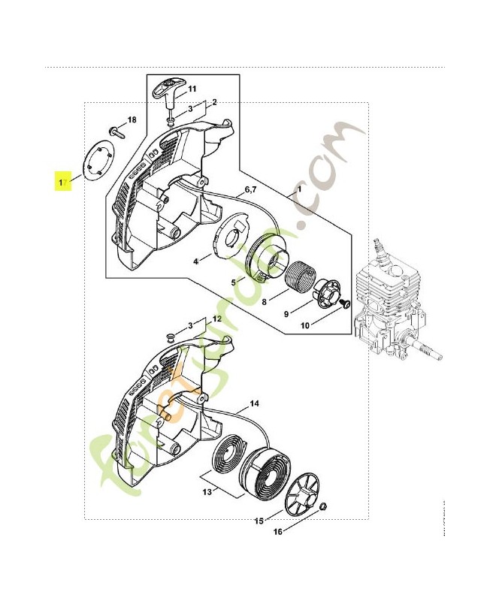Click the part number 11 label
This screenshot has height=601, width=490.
(192, 89)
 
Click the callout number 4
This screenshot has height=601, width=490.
(196, 261)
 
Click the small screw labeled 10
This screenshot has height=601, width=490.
(346, 302)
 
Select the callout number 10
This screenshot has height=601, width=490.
(305, 325)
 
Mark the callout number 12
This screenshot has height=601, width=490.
(216, 320)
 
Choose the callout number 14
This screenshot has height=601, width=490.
(255, 405)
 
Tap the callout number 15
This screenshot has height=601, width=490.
(258, 521)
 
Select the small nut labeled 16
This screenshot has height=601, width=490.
(322, 507)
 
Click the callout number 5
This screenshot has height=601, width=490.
(234, 282)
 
